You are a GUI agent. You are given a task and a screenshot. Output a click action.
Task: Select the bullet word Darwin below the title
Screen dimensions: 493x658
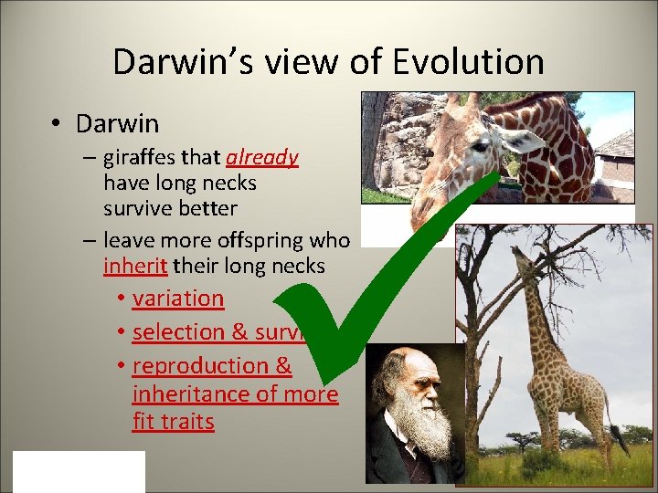click(x=117, y=122)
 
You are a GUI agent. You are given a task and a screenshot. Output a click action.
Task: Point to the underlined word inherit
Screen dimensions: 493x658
click(x=134, y=267)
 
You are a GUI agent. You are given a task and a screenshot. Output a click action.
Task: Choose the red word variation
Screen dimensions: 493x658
click(x=177, y=299)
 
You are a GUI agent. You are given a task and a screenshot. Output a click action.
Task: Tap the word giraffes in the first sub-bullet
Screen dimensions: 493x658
click(x=141, y=157)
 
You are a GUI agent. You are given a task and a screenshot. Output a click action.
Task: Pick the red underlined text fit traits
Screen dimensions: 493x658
click(x=173, y=422)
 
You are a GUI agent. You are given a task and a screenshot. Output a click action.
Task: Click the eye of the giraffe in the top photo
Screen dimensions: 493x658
click(x=479, y=145)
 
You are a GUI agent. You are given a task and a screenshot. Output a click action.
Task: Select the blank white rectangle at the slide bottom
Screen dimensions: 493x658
click(x=79, y=471)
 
